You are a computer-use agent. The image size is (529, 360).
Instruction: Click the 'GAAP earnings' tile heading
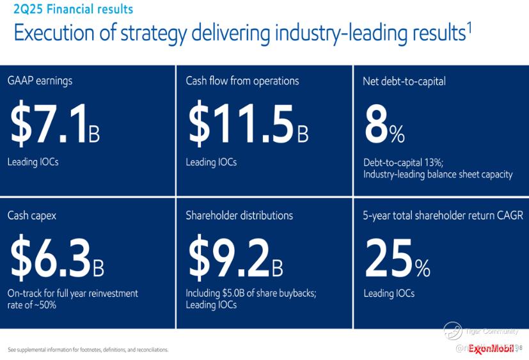coord(40,81)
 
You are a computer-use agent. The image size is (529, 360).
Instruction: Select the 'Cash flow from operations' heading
coord(242,81)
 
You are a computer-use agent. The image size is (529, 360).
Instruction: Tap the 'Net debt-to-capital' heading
coord(404,81)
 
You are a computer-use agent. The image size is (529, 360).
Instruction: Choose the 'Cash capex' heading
coord(32,215)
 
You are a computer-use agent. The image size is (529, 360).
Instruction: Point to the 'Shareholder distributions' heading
coord(239,215)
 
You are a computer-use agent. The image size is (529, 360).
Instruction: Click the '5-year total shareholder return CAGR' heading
coord(443,215)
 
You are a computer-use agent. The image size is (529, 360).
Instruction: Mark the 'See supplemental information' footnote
coord(88,350)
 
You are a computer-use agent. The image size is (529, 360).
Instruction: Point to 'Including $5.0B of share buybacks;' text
coord(251,293)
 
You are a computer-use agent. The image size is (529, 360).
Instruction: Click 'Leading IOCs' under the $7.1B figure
coord(33,162)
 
